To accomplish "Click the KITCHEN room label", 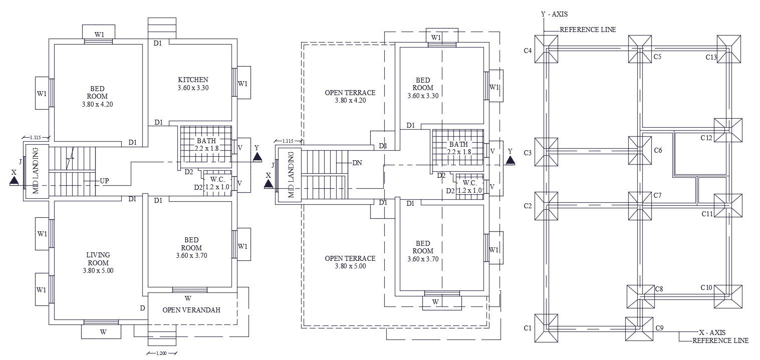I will click(193, 80).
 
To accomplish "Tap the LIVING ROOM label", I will click(98, 259).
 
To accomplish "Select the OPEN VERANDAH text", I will click(191, 310).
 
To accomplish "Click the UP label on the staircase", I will click(105, 180).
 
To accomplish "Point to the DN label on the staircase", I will click(358, 163).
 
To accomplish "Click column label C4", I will click(528, 51).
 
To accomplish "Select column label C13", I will click(711, 58).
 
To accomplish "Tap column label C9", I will click(660, 328).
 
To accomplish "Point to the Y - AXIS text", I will click(554, 15).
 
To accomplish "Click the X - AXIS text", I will click(712, 332).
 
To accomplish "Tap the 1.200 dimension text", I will click(161, 353).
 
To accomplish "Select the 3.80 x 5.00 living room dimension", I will click(98, 270).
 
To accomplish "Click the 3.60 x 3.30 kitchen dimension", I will click(193, 88).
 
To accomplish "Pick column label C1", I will click(528, 328).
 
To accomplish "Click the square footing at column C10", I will click(727, 296).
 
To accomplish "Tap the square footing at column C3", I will click(546, 152).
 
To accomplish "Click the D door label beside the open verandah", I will click(143, 308).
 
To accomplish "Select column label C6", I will click(658, 150).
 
